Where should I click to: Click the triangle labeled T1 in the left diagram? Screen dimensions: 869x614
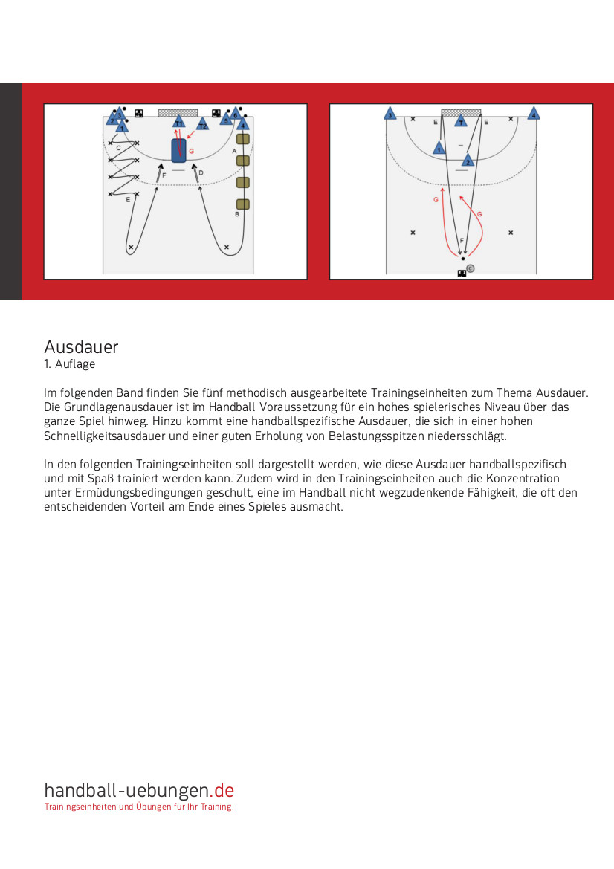pyautogui.click(x=178, y=123)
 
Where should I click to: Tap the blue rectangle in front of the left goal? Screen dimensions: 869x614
pyautogui.click(x=178, y=150)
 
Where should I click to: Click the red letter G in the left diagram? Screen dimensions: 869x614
pyautogui.click(x=191, y=151)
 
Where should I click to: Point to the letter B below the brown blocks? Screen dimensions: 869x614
pyautogui.click(x=237, y=214)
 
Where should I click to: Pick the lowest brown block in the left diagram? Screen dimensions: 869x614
pyautogui.click(x=242, y=204)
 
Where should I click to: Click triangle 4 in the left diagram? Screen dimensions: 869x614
pyautogui.click(x=242, y=125)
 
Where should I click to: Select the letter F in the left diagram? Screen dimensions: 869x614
pyautogui.click(x=164, y=175)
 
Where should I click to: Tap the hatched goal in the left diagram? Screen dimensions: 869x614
pyautogui.click(x=178, y=113)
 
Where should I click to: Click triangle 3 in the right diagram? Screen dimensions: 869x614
pyautogui.click(x=389, y=114)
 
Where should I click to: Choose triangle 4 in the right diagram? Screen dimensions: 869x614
pyautogui.click(x=533, y=114)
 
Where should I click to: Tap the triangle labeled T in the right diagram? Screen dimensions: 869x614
pyautogui.click(x=461, y=121)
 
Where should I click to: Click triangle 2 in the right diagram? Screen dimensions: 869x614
pyautogui.click(x=468, y=161)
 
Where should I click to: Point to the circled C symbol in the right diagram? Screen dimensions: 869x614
pyautogui.click(x=470, y=268)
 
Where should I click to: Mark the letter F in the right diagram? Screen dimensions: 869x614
pyautogui.click(x=462, y=241)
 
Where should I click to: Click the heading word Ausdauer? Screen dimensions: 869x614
pyautogui.click(x=81, y=347)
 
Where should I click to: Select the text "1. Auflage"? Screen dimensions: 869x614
pyautogui.click(x=69, y=365)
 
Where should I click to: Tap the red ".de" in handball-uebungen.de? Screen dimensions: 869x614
pyautogui.click(x=224, y=790)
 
